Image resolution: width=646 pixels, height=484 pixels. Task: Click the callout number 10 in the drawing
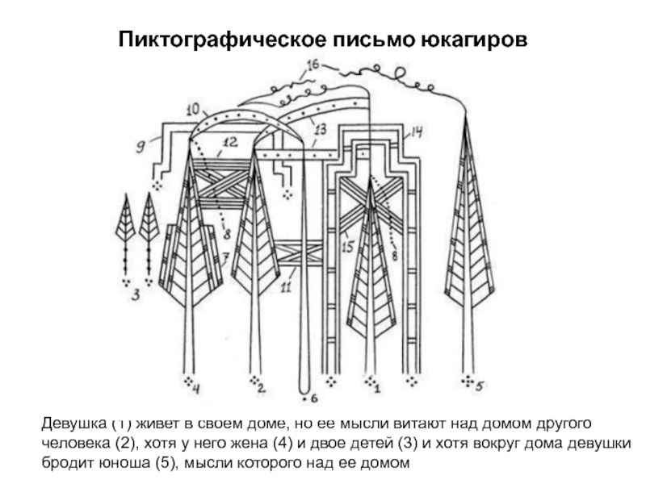click(195, 108)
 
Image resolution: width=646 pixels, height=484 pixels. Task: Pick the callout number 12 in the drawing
click(229, 143)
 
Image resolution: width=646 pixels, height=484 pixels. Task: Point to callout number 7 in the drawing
click(226, 257)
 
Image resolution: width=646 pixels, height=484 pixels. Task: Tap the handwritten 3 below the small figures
click(136, 295)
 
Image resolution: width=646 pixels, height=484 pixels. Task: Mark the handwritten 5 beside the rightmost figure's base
click(480, 386)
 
